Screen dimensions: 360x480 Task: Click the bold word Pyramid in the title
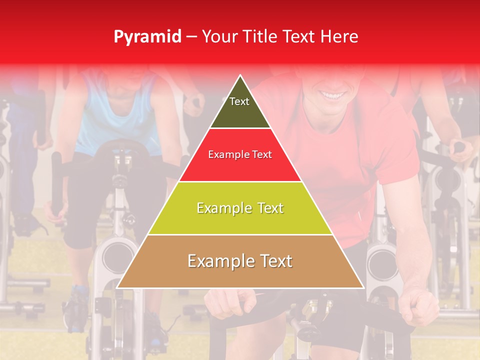(x=147, y=37)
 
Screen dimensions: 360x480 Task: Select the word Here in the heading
(x=340, y=37)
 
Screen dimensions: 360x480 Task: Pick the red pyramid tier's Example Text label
(x=240, y=155)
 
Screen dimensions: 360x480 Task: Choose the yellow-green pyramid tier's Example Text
(x=240, y=208)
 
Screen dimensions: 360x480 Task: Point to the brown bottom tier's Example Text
(x=240, y=261)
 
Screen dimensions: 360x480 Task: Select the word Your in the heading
(x=218, y=37)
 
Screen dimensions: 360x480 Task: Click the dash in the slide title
(x=191, y=37)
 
